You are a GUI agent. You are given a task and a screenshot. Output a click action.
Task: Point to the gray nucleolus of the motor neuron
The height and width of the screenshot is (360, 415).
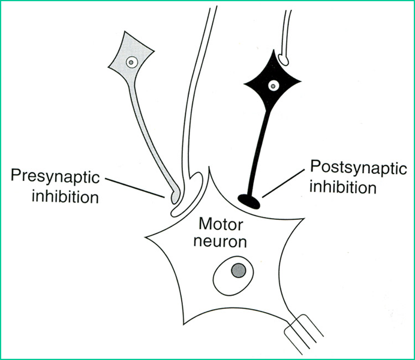pyautogui.click(x=239, y=270)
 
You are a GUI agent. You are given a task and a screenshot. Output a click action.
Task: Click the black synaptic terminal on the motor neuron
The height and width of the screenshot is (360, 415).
pyautogui.click(x=249, y=200)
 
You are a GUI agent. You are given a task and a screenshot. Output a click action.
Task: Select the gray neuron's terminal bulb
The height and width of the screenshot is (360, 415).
pyautogui.click(x=172, y=195)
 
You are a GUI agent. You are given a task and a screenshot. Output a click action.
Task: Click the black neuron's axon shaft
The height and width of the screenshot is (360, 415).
pyautogui.click(x=258, y=150)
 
